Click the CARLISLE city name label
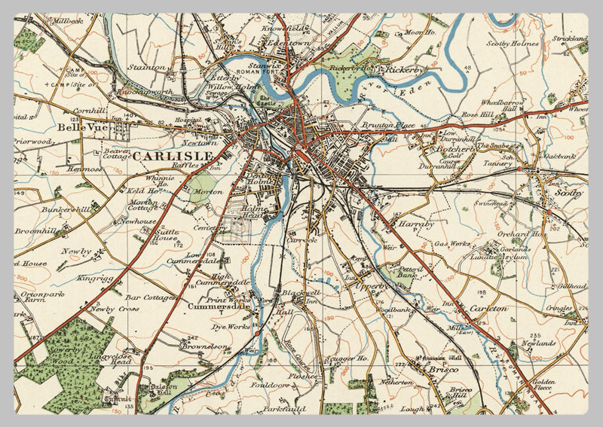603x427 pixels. pyautogui.click(x=173, y=156)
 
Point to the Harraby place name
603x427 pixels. pyautogui.click(x=418, y=224)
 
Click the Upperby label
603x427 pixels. pyautogui.click(x=372, y=287)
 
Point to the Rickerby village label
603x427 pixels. pyautogui.click(x=406, y=69)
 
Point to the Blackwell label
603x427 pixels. pyautogui.click(x=302, y=292)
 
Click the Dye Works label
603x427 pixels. pyautogui.click(x=230, y=327)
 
